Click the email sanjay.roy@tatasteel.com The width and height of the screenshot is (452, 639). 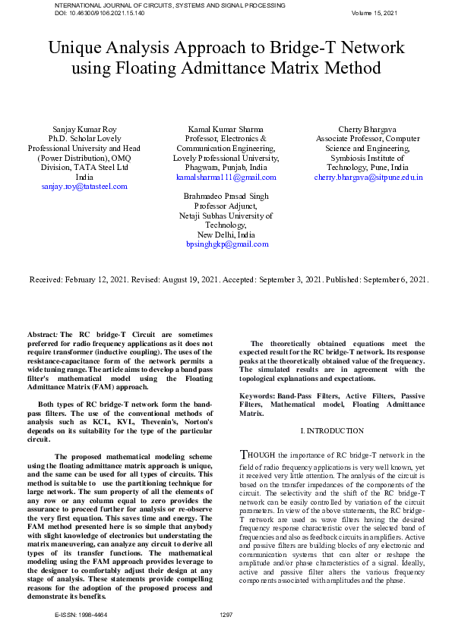(84, 186)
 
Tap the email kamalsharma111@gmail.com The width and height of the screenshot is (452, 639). (226, 177)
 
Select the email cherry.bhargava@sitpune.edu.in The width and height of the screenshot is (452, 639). (368, 177)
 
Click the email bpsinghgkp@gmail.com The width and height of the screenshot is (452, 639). (227, 244)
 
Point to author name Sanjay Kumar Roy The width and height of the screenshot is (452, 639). (84, 131)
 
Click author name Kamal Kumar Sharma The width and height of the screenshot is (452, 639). (226, 131)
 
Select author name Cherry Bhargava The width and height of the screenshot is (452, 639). (368, 131)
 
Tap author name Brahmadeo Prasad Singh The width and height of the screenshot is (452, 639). (226, 196)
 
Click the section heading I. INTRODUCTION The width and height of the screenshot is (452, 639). (332, 431)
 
